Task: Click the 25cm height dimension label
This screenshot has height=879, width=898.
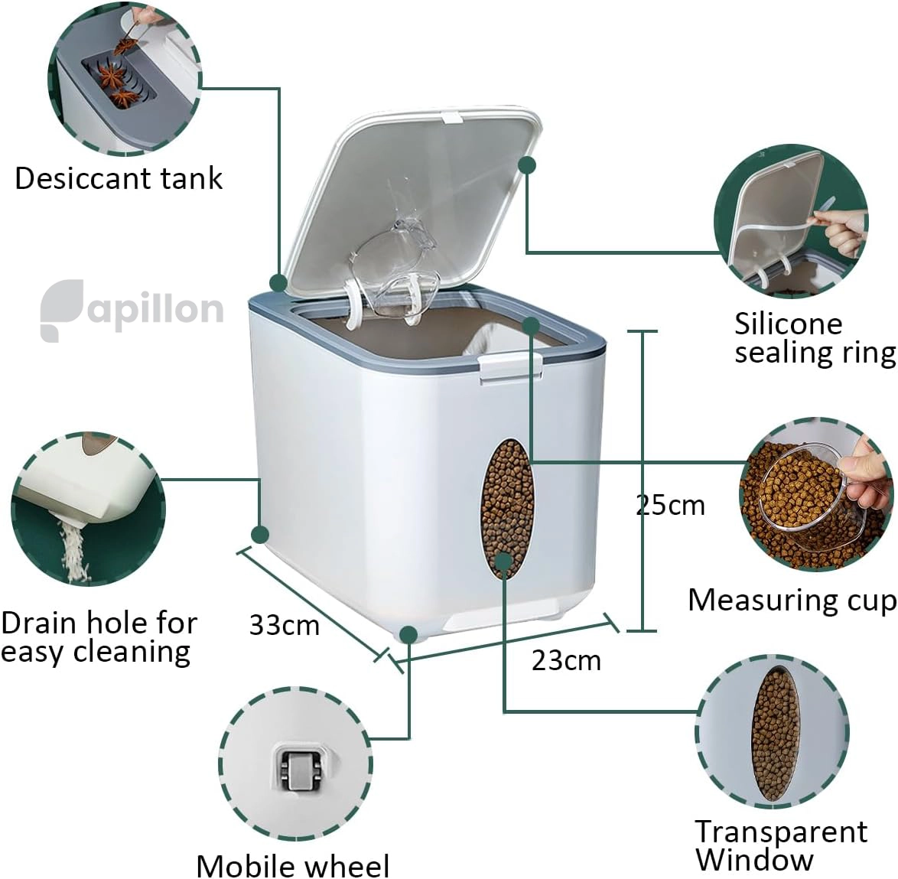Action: click(x=670, y=505)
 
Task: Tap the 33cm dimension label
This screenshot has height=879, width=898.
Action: click(x=284, y=625)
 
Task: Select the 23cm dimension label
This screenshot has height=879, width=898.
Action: click(x=566, y=660)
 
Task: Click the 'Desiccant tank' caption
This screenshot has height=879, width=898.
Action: click(x=119, y=178)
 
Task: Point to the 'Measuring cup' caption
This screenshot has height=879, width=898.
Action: click(x=792, y=601)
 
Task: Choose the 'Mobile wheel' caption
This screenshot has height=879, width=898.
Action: click(x=293, y=864)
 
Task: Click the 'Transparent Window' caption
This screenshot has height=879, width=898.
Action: click(x=781, y=845)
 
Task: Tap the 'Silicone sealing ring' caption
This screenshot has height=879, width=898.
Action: click(x=815, y=338)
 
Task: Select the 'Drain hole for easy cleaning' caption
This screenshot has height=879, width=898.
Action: click(x=99, y=637)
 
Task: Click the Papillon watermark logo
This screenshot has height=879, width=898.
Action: click(x=132, y=311)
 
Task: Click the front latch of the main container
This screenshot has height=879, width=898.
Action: click(x=511, y=366)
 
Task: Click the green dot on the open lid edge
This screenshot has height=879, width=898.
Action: click(x=527, y=165)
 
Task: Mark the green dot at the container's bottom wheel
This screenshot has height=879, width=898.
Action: click(x=408, y=634)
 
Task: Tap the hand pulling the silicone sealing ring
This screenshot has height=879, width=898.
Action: click(x=840, y=232)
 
